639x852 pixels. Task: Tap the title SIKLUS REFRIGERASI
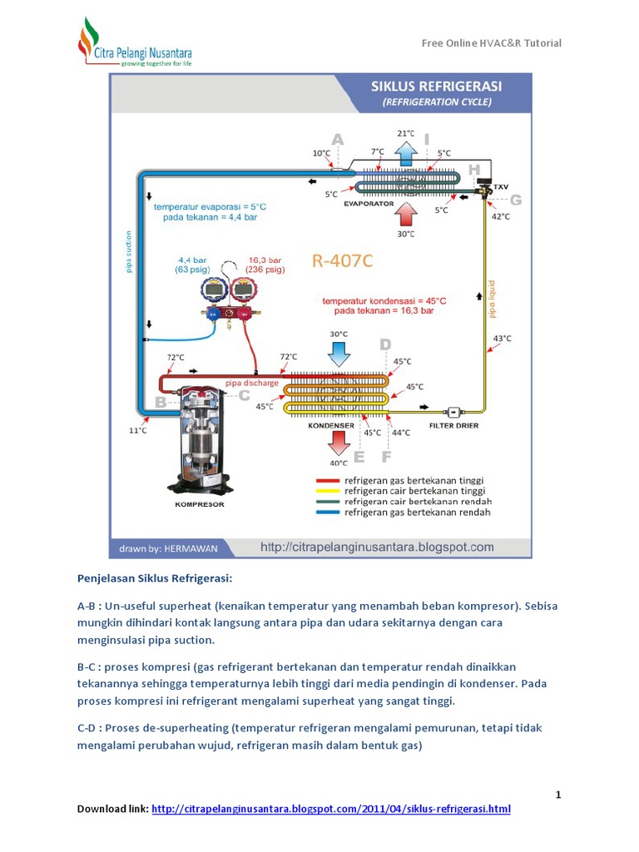click(437, 86)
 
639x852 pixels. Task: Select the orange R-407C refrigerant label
click(342, 261)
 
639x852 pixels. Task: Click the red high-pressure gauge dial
click(243, 291)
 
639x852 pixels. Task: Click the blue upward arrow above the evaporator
click(406, 154)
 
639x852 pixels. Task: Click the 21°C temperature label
click(405, 133)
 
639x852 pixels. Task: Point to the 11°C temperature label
click(138, 430)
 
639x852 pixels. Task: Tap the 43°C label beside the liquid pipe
click(502, 339)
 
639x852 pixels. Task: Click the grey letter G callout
click(515, 201)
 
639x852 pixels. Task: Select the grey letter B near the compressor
click(161, 404)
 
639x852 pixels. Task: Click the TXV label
click(500, 187)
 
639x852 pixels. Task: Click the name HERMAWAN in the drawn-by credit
click(194, 547)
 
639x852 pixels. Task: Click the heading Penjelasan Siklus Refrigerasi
click(154, 577)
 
